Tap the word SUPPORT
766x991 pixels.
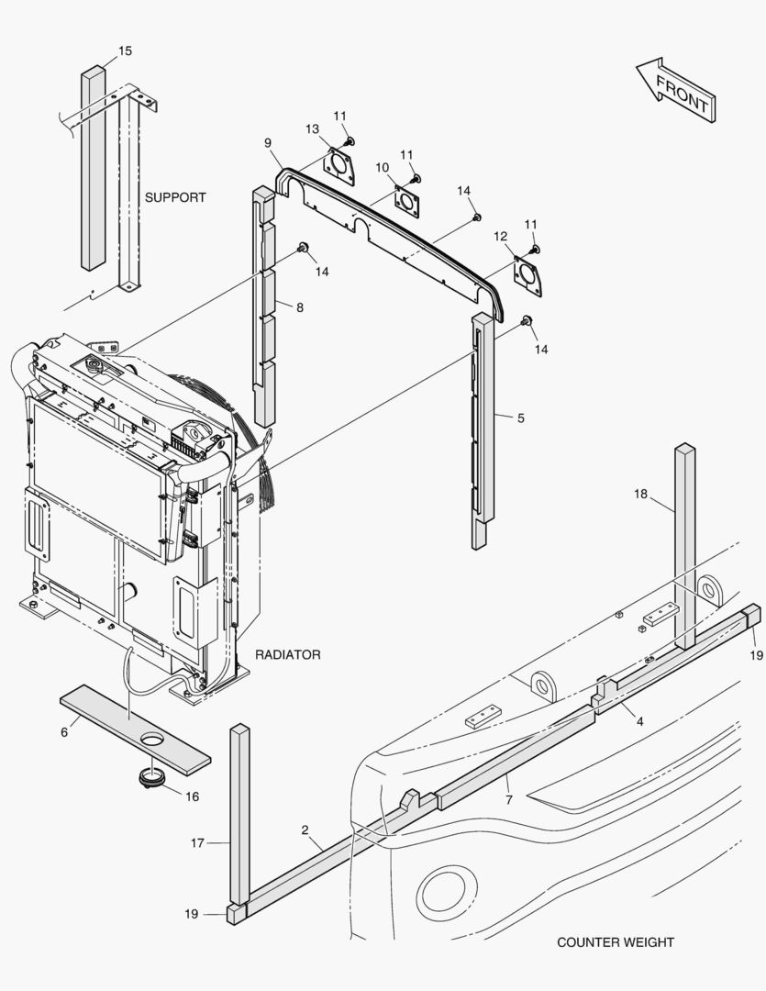(175, 197)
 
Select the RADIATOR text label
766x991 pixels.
(288, 654)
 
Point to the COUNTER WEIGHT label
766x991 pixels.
(615, 942)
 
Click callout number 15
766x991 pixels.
(125, 51)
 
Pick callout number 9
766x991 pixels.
(267, 143)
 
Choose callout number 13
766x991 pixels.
(312, 129)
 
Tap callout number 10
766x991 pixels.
(383, 166)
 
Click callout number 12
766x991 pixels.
(500, 237)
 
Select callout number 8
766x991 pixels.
(299, 308)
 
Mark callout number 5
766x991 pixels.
(521, 418)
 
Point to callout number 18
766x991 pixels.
(640, 495)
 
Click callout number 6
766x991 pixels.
(64, 731)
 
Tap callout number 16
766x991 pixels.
(192, 796)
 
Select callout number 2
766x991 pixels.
(305, 830)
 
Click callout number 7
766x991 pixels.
(508, 800)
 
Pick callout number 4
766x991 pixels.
(639, 721)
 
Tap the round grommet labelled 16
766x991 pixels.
(150, 778)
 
